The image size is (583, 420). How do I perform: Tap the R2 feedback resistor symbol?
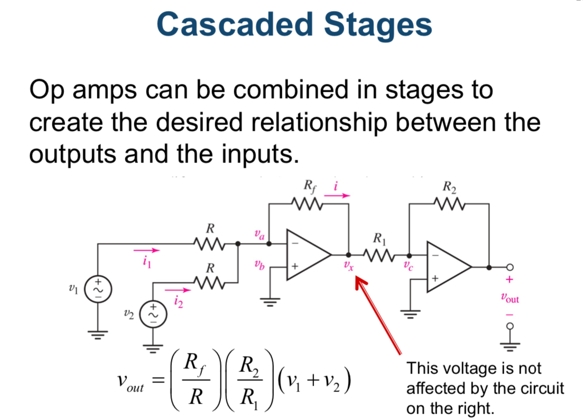click(x=449, y=203)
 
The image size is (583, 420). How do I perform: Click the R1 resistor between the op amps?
click(x=379, y=255)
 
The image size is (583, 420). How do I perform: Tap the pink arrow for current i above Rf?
click(x=337, y=195)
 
